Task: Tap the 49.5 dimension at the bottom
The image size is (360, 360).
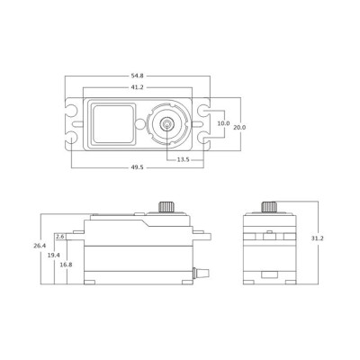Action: point(137,167)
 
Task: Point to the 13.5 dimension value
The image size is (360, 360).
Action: point(184,158)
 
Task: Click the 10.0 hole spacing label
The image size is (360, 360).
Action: point(223,123)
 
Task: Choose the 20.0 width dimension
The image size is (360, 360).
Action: point(240,127)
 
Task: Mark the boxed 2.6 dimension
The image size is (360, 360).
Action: point(59,236)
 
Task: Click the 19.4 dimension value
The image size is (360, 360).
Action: point(53,256)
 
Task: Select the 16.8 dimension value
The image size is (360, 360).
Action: point(65,265)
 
